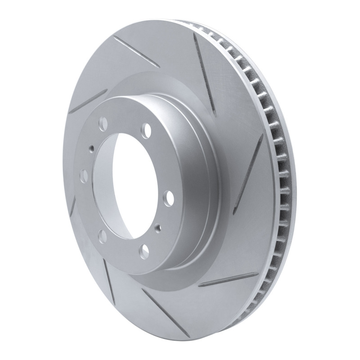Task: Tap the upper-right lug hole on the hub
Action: click(146, 130)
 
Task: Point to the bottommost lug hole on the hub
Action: click(145, 249)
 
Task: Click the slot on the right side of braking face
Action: click(253, 171)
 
